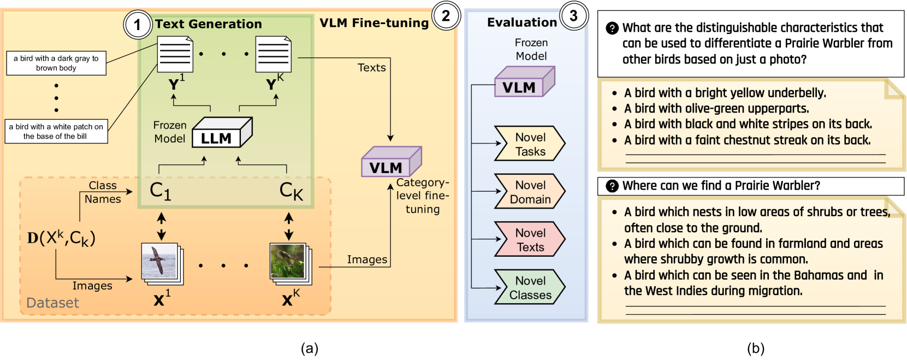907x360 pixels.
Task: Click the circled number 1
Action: (x=137, y=25)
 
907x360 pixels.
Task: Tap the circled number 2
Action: (x=446, y=16)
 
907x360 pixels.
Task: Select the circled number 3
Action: (x=573, y=16)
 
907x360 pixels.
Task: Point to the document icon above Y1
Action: (x=175, y=54)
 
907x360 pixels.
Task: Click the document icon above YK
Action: (x=273, y=54)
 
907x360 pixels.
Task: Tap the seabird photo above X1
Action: (x=160, y=261)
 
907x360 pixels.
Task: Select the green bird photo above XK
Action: (x=288, y=261)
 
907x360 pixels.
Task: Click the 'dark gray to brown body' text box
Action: (x=56, y=63)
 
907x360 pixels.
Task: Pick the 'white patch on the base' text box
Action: (x=56, y=132)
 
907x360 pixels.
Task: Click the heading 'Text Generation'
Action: (x=208, y=24)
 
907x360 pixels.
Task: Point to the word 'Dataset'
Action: (x=52, y=303)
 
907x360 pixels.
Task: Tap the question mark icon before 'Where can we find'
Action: (x=612, y=186)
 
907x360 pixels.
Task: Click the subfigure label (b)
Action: (x=755, y=349)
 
